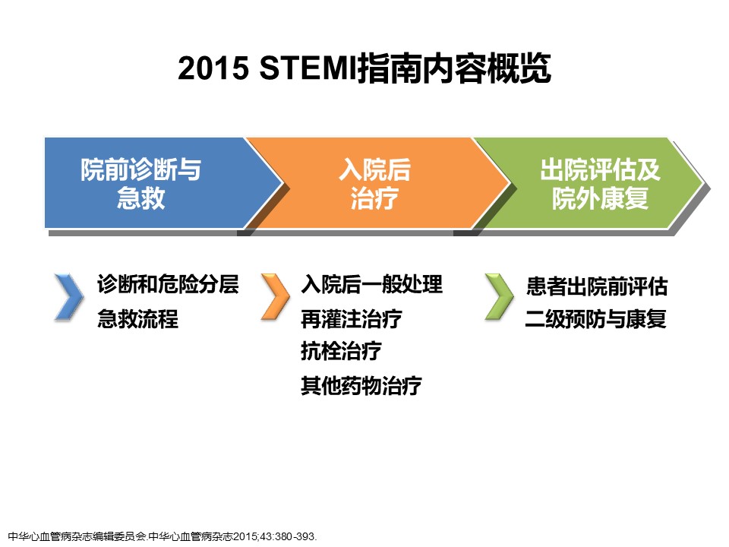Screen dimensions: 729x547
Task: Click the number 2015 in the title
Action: pos(213,68)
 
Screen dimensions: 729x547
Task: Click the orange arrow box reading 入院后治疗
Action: pos(377,183)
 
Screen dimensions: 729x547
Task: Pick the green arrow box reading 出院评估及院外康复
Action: pos(591,183)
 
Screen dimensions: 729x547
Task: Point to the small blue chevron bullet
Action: pos(69,297)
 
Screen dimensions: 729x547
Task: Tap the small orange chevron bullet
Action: pos(275,297)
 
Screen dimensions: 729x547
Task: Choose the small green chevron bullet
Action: pos(499,297)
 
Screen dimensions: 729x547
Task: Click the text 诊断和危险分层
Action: pos(168,284)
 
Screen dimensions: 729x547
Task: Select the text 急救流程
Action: pos(137,319)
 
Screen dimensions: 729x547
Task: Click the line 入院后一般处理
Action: pos(371,284)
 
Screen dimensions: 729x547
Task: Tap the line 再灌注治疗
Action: pos(352,319)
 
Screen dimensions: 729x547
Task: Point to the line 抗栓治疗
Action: pos(341,351)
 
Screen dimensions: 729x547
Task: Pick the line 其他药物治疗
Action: pos(361,386)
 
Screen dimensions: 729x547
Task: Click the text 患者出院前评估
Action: pos(597,286)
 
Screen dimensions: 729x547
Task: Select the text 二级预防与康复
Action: pos(595,319)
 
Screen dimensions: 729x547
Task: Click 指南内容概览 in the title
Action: pos(454,68)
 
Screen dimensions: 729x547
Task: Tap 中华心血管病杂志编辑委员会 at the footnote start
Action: pos(77,537)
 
